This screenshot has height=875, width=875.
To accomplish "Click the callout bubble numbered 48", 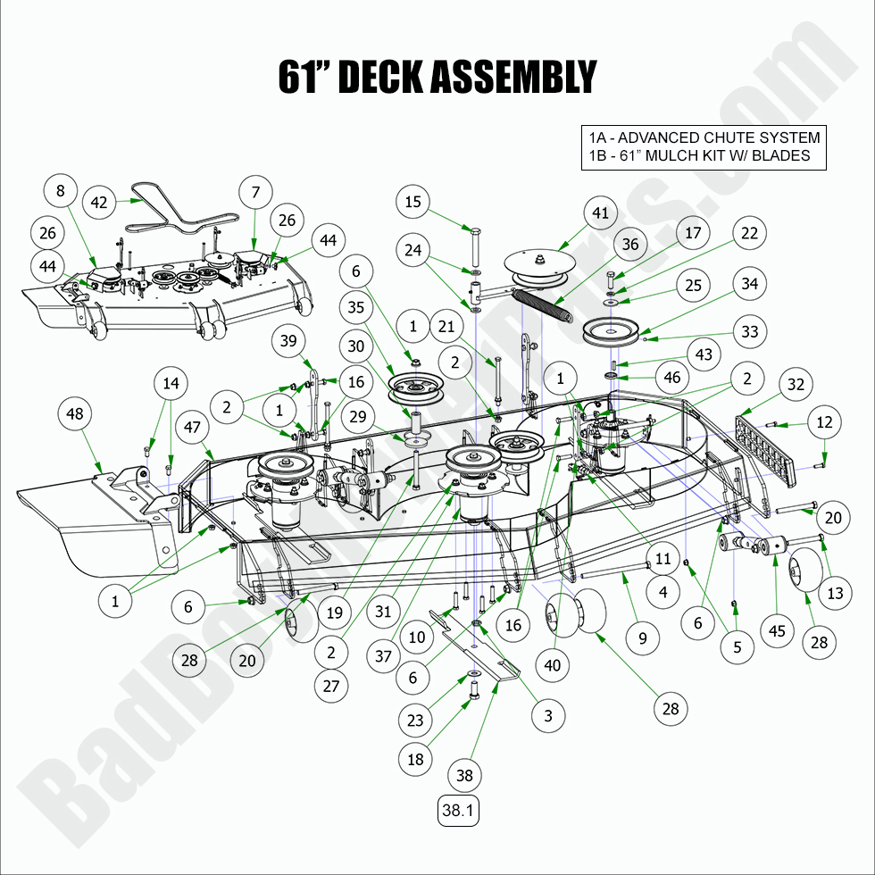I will (75, 413).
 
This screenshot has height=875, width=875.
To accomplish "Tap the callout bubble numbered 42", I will (99, 203).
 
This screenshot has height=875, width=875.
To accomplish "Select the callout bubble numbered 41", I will (600, 213).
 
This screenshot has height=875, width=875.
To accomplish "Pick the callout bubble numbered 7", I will (255, 192).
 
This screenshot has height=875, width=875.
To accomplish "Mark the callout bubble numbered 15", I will (412, 203).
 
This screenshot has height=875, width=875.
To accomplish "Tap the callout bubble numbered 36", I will (630, 244).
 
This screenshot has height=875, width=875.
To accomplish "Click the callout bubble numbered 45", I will (776, 631).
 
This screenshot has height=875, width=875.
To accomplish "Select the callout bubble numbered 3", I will (547, 715).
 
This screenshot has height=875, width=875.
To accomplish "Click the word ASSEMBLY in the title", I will (512, 78).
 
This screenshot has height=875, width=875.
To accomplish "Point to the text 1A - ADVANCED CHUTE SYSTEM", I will (704, 137).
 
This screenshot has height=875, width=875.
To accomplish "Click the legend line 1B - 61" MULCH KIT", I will (699, 155).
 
